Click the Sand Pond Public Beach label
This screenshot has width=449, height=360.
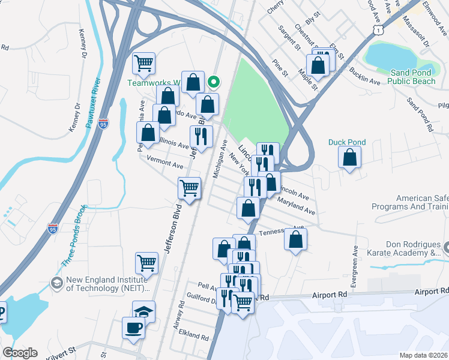click(x=412, y=77)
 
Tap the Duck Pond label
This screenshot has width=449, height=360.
click(x=347, y=142)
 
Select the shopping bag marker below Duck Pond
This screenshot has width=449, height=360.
click(x=350, y=158)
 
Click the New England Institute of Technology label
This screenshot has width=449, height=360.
click(x=104, y=283)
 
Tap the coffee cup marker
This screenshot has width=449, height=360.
click(x=133, y=328)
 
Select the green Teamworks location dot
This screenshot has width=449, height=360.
click(x=213, y=81)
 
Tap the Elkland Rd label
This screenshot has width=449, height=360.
click(x=197, y=336)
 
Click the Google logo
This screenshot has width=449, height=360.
click(x=20, y=353)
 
